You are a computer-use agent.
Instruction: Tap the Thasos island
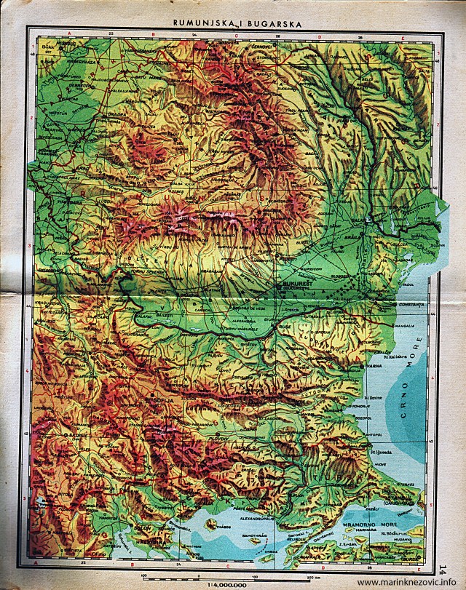point(213,522)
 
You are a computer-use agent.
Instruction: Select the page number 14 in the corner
point(446,568)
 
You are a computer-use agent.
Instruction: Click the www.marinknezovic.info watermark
point(410,583)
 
